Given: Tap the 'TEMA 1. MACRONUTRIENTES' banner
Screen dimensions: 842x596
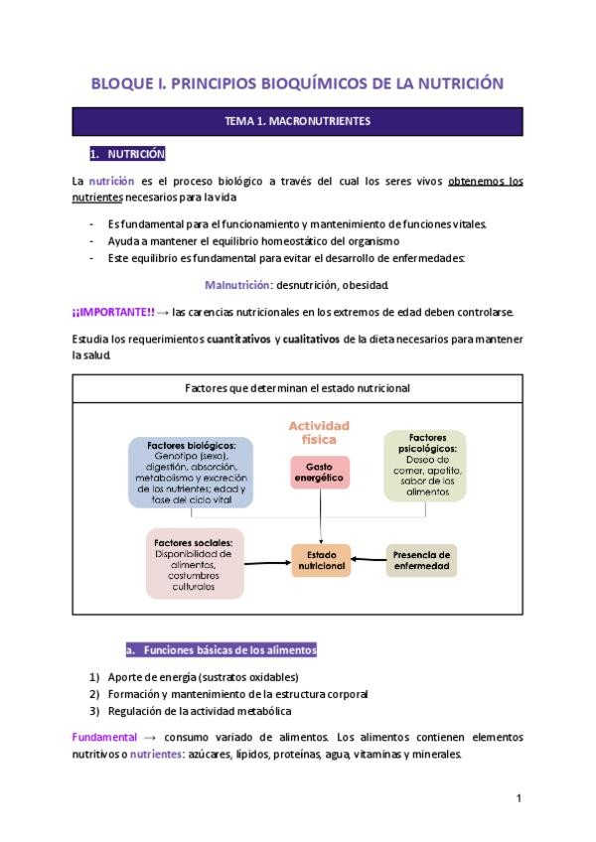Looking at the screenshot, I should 298,121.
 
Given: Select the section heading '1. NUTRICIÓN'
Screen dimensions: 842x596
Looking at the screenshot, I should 127,155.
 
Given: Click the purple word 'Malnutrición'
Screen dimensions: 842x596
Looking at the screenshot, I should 237,285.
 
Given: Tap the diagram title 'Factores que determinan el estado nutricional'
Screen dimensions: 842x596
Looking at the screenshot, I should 298,388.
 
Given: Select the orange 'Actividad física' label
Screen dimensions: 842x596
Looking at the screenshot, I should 319,432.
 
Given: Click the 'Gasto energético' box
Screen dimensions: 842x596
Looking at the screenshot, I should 320,472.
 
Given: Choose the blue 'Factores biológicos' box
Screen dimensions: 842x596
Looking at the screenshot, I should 191,473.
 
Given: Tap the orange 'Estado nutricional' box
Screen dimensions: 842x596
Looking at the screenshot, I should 320,561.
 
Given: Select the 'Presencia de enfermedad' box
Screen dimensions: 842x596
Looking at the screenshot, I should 421,561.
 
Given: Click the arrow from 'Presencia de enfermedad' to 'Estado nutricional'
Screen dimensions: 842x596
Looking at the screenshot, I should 370,561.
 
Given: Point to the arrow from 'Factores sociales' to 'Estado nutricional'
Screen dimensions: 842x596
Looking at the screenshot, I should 266,563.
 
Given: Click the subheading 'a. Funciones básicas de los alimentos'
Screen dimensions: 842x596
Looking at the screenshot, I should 221,650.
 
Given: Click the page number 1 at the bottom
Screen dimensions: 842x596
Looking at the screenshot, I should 519,798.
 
